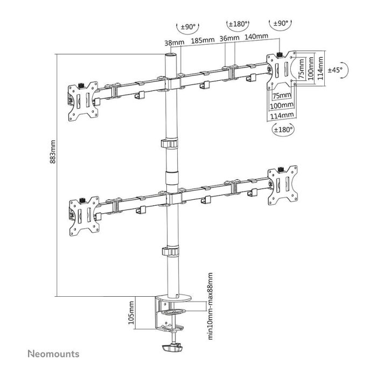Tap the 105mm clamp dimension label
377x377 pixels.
pos(131,313)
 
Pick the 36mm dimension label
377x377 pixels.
pos(229,40)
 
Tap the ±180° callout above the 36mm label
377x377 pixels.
pos(238,25)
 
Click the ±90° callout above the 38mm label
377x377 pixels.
pos(187,25)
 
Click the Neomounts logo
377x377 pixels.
pos(53,354)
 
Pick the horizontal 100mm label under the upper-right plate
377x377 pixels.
pos(282,106)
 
